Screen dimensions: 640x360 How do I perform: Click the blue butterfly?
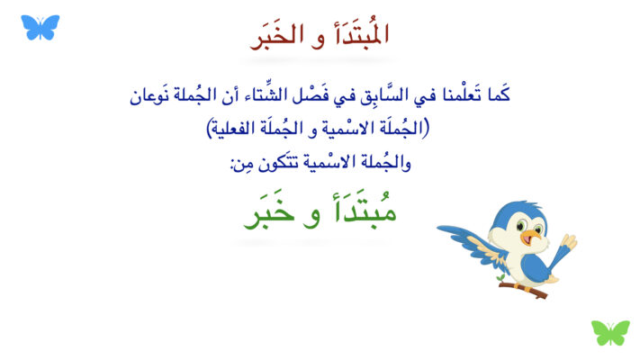pos(40,27)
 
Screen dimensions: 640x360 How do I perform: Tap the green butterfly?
pos(610,333)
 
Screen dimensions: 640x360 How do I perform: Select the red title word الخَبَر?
pos(276,36)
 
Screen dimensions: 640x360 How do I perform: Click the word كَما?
pos(499,94)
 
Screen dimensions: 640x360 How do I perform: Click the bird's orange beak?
pos(531,237)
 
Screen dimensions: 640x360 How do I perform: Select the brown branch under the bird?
pos(523,289)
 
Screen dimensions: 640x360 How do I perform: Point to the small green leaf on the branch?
pos(500,277)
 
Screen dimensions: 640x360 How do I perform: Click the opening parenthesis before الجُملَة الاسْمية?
pos(426,128)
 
